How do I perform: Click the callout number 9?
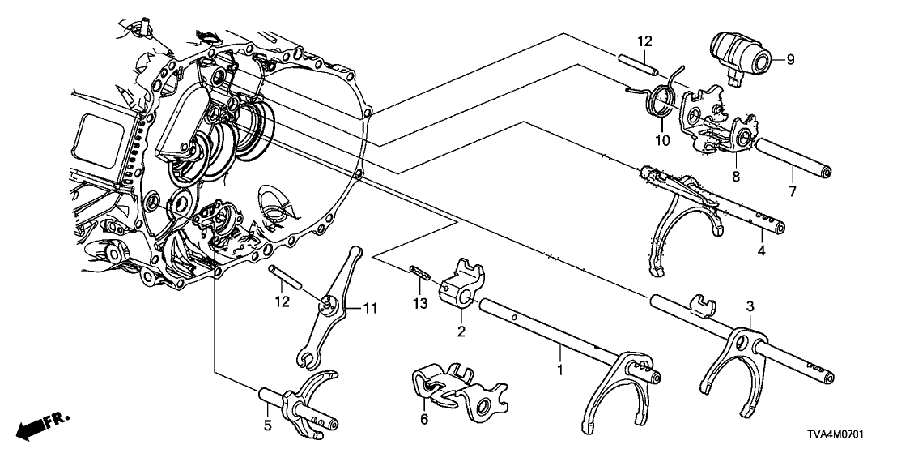pyautogui.click(x=791, y=58)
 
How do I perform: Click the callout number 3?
pyautogui.click(x=750, y=306)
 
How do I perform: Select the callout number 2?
pyautogui.click(x=461, y=331)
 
